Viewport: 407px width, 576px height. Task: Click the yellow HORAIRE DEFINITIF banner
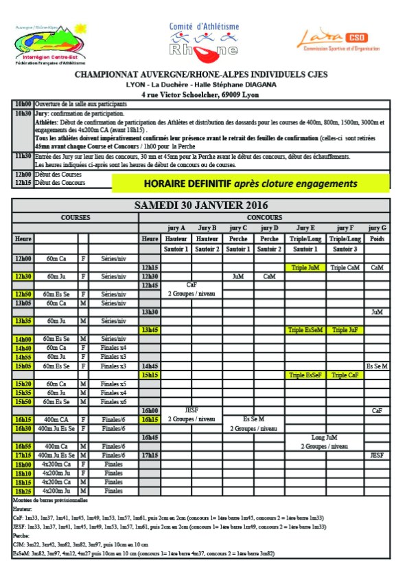(x=251, y=184)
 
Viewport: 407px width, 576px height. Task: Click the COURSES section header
(x=75, y=217)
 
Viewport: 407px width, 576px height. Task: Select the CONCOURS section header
(x=264, y=217)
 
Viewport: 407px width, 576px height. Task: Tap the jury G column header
(x=377, y=228)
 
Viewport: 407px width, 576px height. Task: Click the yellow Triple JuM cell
(x=305, y=267)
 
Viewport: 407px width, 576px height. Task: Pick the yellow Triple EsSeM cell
(x=305, y=330)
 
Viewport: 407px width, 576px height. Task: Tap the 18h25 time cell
(x=23, y=491)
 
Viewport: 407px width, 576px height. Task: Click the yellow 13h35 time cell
(x=23, y=321)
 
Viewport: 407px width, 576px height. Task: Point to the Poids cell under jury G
(x=377, y=239)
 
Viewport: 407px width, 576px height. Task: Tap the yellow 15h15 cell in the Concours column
(x=150, y=375)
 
